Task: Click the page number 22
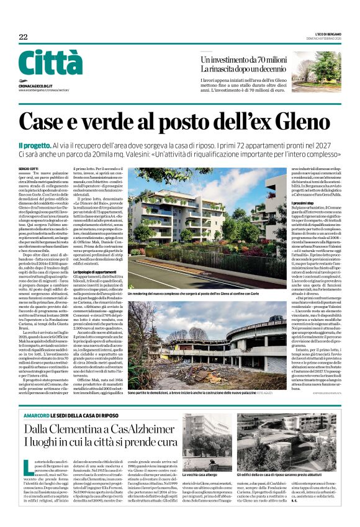(x=24, y=37)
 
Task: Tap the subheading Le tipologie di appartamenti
(x=98, y=272)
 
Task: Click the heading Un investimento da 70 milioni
(x=243, y=59)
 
